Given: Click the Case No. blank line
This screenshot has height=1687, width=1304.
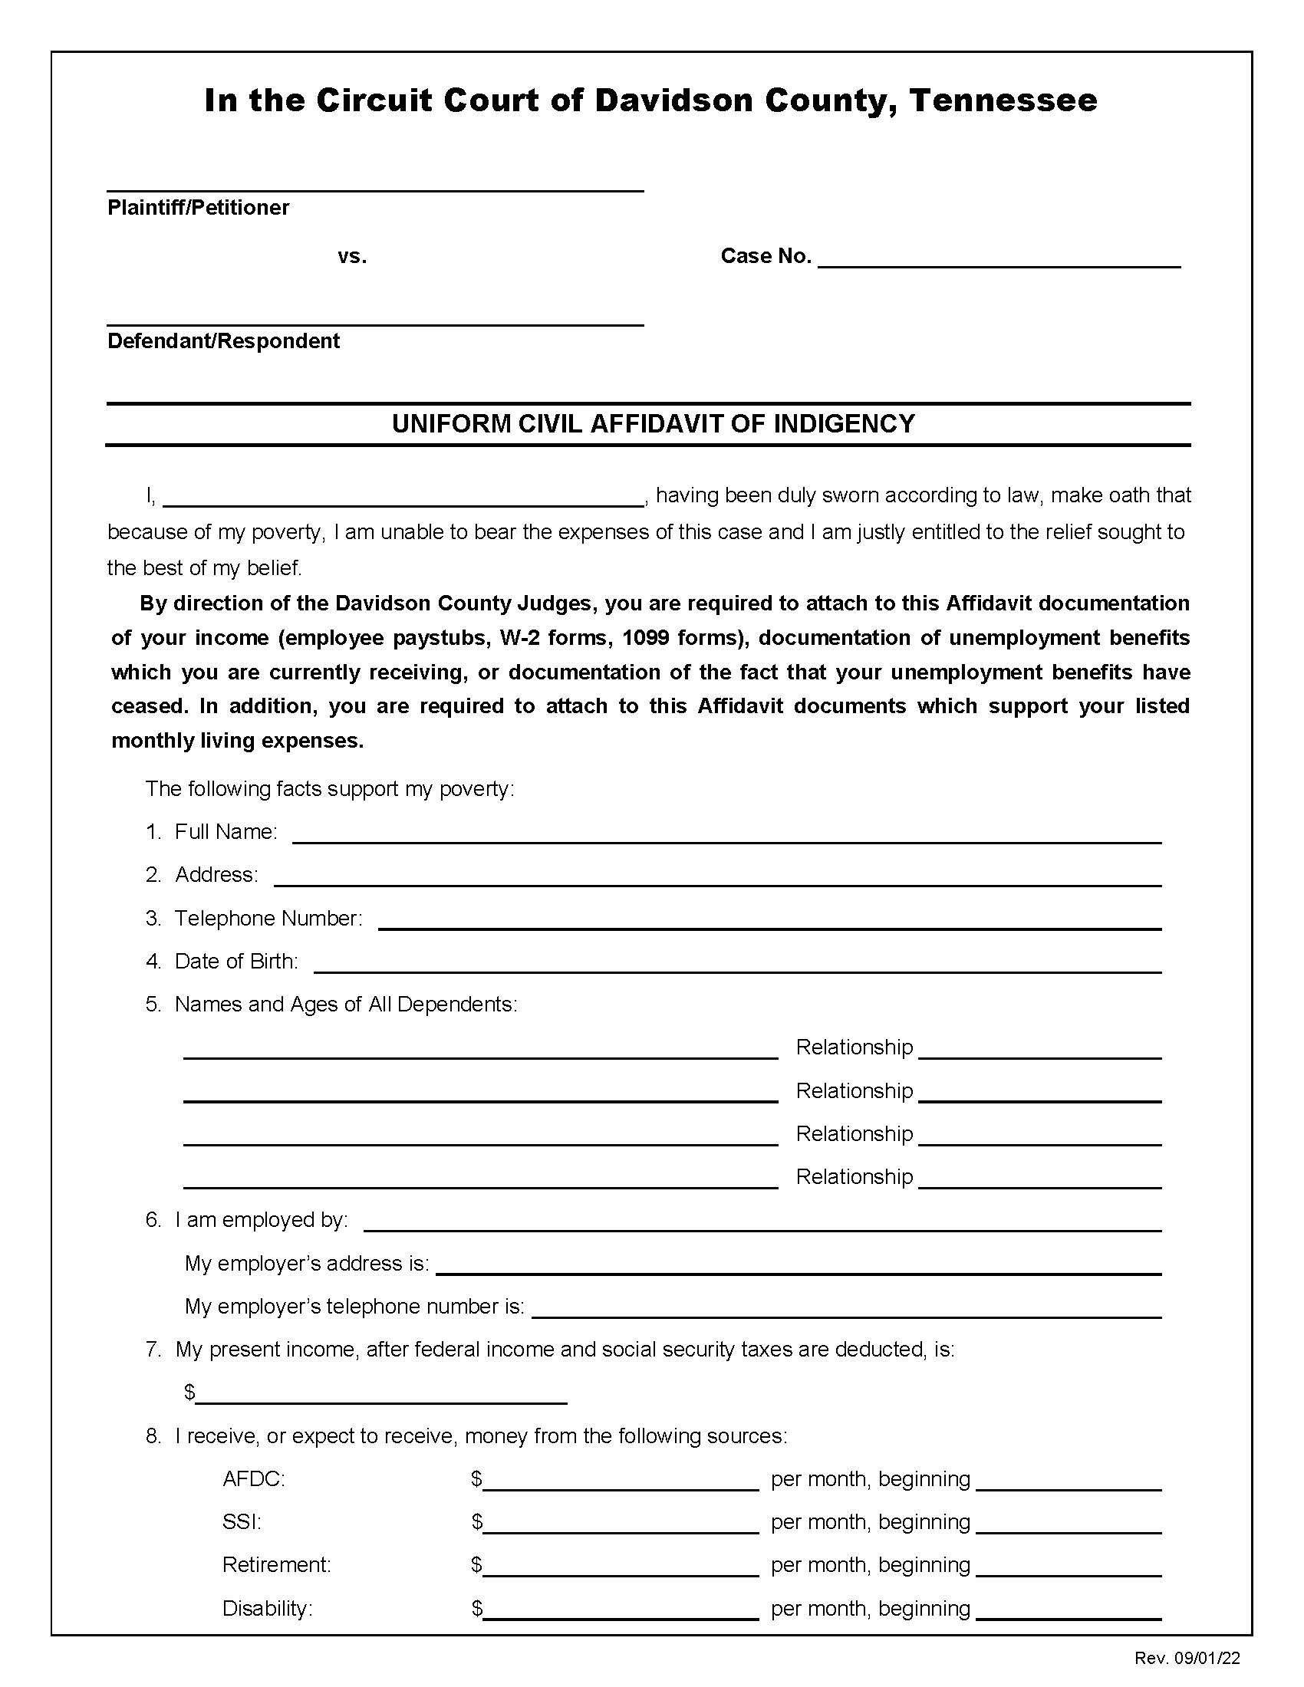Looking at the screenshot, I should (x=999, y=258).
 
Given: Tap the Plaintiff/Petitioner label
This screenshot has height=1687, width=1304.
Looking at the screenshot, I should (x=198, y=207).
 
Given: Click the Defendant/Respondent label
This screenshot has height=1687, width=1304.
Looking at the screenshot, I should (x=223, y=340).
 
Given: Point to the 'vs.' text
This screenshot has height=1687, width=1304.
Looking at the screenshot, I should (x=352, y=256).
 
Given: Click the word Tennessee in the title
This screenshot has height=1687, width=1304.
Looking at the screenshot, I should (x=1003, y=100).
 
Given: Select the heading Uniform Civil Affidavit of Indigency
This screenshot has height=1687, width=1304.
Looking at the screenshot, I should (x=653, y=424).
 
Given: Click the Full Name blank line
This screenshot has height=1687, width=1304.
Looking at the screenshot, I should (x=726, y=834).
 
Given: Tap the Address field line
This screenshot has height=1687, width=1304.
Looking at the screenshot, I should (x=717, y=876).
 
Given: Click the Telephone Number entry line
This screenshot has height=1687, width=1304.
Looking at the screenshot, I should (x=769, y=920).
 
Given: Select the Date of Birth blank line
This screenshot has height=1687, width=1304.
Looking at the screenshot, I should (x=737, y=963).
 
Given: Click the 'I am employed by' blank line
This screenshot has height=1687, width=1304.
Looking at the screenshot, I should (x=762, y=1222).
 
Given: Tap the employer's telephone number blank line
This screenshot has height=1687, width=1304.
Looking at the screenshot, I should (x=846, y=1307).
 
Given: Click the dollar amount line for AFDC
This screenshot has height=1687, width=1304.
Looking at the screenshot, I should (x=621, y=1481).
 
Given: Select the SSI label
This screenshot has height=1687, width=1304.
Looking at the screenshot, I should (x=242, y=1522).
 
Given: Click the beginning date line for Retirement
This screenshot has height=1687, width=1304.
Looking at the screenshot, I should (x=1069, y=1567).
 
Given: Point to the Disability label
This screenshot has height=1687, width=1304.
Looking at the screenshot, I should (x=267, y=1609).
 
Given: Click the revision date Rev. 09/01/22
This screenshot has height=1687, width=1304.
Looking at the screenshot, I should (x=1187, y=1659).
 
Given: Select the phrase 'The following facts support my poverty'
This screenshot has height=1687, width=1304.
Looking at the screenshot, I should (x=329, y=788).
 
